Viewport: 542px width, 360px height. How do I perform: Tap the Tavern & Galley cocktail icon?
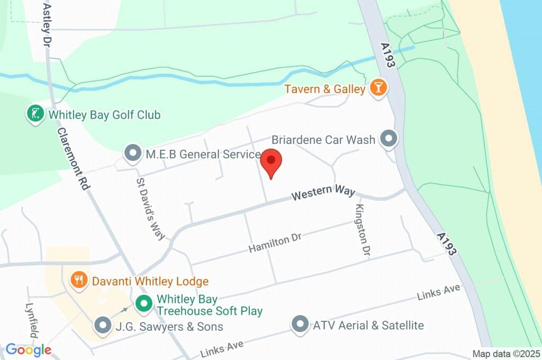click(x=378, y=88)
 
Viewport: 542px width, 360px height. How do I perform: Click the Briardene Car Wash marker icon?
click(x=390, y=139)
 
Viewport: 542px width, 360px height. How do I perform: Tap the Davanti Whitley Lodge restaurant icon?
click(x=79, y=281)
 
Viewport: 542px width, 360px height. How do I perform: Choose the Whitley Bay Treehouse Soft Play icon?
click(x=142, y=304)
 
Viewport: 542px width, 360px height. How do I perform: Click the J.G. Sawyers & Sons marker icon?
click(x=103, y=326)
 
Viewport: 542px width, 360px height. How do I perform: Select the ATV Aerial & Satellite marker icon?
click(x=300, y=325)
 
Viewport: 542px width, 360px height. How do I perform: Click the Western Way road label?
click(x=322, y=192)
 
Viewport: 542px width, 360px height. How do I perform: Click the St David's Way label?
click(x=151, y=209)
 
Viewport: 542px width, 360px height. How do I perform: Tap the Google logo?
click(x=28, y=349)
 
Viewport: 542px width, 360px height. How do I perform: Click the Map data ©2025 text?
click(x=506, y=354)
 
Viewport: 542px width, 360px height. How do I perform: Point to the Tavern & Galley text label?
click(x=325, y=89)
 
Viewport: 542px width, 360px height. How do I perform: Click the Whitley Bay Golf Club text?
click(x=104, y=114)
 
